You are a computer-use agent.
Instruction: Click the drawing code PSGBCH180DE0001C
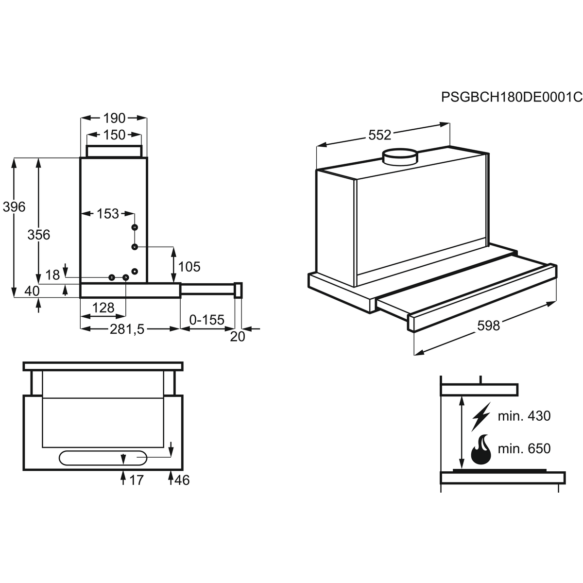pyautogui.click(x=512, y=97)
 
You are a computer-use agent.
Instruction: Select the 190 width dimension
pyautogui.click(x=114, y=118)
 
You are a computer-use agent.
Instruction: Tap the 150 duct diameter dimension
pyautogui.click(x=114, y=135)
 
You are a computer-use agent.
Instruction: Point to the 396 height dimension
pyautogui.click(x=14, y=206)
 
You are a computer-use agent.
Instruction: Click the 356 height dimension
pyautogui.click(x=39, y=235)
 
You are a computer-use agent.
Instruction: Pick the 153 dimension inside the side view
pyautogui.click(x=108, y=214)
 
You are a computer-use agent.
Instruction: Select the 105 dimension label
pyautogui.click(x=189, y=267)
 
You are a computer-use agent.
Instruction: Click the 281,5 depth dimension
pyautogui.click(x=127, y=329)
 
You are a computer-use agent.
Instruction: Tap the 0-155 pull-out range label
pyautogui.click(x=206, y=320)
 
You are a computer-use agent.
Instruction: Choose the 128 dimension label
pyautogui.click(x=103, y=308)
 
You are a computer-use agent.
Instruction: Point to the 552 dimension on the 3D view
pyautogui.click(x=380, y=135)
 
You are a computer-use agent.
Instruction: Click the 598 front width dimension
pyautogui.click(x=489, y=326)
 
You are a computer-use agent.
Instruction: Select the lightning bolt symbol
pyautogui.click(x=481, y=416)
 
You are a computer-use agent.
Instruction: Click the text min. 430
pyautogui.click(x=524, y=416)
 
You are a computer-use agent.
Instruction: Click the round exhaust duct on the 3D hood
pyautogui.click(x=400, y=157)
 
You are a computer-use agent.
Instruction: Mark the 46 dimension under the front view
pyautogui.click(x=182, y=480)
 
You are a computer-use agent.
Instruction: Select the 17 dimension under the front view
pyautogui.click(x=136, y=480)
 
